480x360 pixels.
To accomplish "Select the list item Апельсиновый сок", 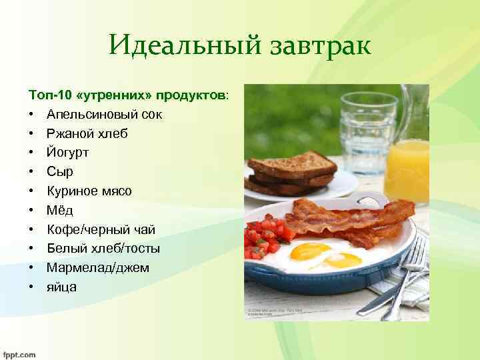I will coord(104,114).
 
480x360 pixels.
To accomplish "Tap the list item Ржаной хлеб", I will coord(87,133).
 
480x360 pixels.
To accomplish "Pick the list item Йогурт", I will coord(67,153).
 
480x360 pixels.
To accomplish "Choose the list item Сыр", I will coord(60,172).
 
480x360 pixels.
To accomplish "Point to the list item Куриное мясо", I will coord(89,191).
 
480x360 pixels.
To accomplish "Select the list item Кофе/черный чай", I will coord(101,230).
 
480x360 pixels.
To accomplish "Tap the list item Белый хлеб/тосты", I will coord(103,249).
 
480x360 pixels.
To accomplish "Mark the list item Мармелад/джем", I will coord(98,268).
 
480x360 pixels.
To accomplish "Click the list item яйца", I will coord(61,287).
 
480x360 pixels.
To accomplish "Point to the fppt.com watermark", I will coord(19,355).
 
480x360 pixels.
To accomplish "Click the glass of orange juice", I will coord(406,170).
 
